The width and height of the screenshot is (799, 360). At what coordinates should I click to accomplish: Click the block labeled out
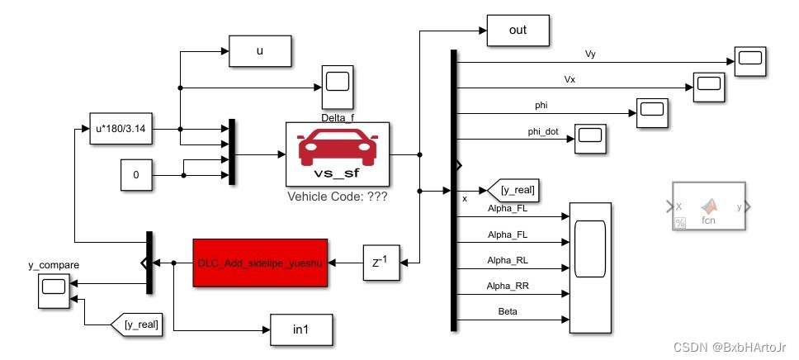coord(518,31)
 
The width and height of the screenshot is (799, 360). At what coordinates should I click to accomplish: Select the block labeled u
coord(260,51)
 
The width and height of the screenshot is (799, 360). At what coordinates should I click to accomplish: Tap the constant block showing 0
coord(135,176)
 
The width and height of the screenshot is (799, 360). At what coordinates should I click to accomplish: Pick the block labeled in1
coord(302,330)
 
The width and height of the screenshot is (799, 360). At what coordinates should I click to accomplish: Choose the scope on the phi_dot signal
coord(590,138)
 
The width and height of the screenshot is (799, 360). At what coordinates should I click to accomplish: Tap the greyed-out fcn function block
coord(709,206)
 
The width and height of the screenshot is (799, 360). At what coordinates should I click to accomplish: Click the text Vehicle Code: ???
coord(337,198)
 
